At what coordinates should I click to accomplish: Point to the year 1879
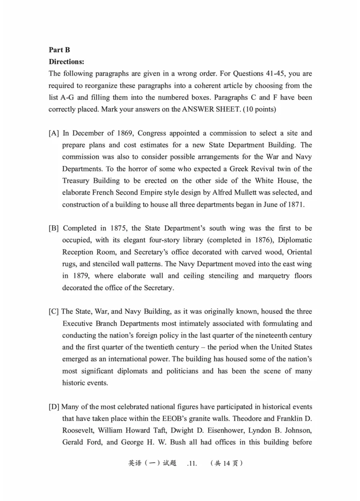pos(74,276)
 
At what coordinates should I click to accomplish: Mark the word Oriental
pos(297,252)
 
